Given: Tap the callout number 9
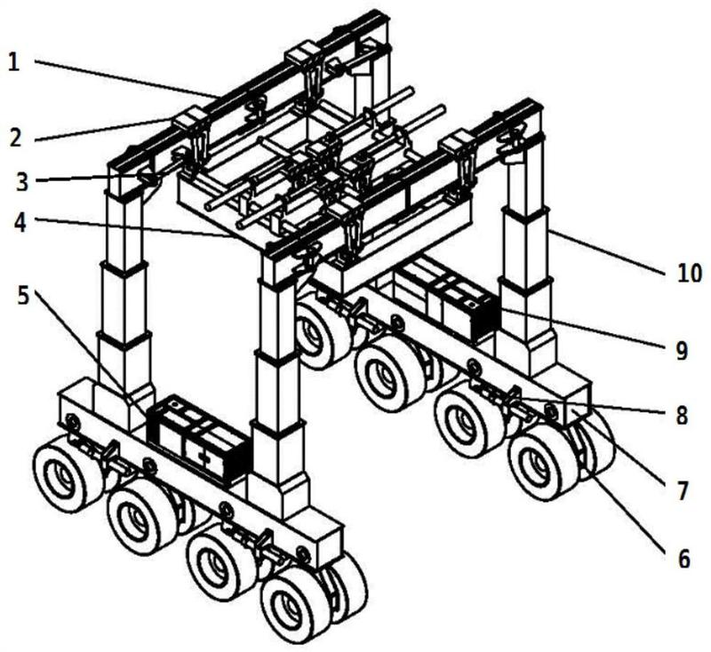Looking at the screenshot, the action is (x=680, y=352).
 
